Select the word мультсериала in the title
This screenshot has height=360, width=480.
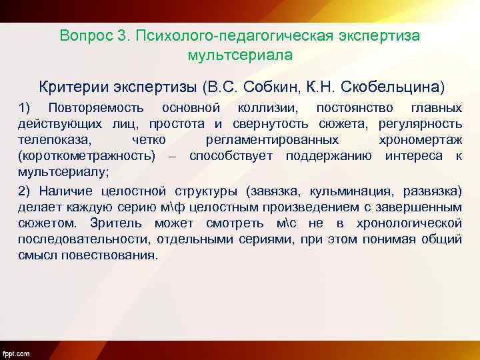pos(240,55)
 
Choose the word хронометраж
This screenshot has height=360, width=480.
pos(420,141)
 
